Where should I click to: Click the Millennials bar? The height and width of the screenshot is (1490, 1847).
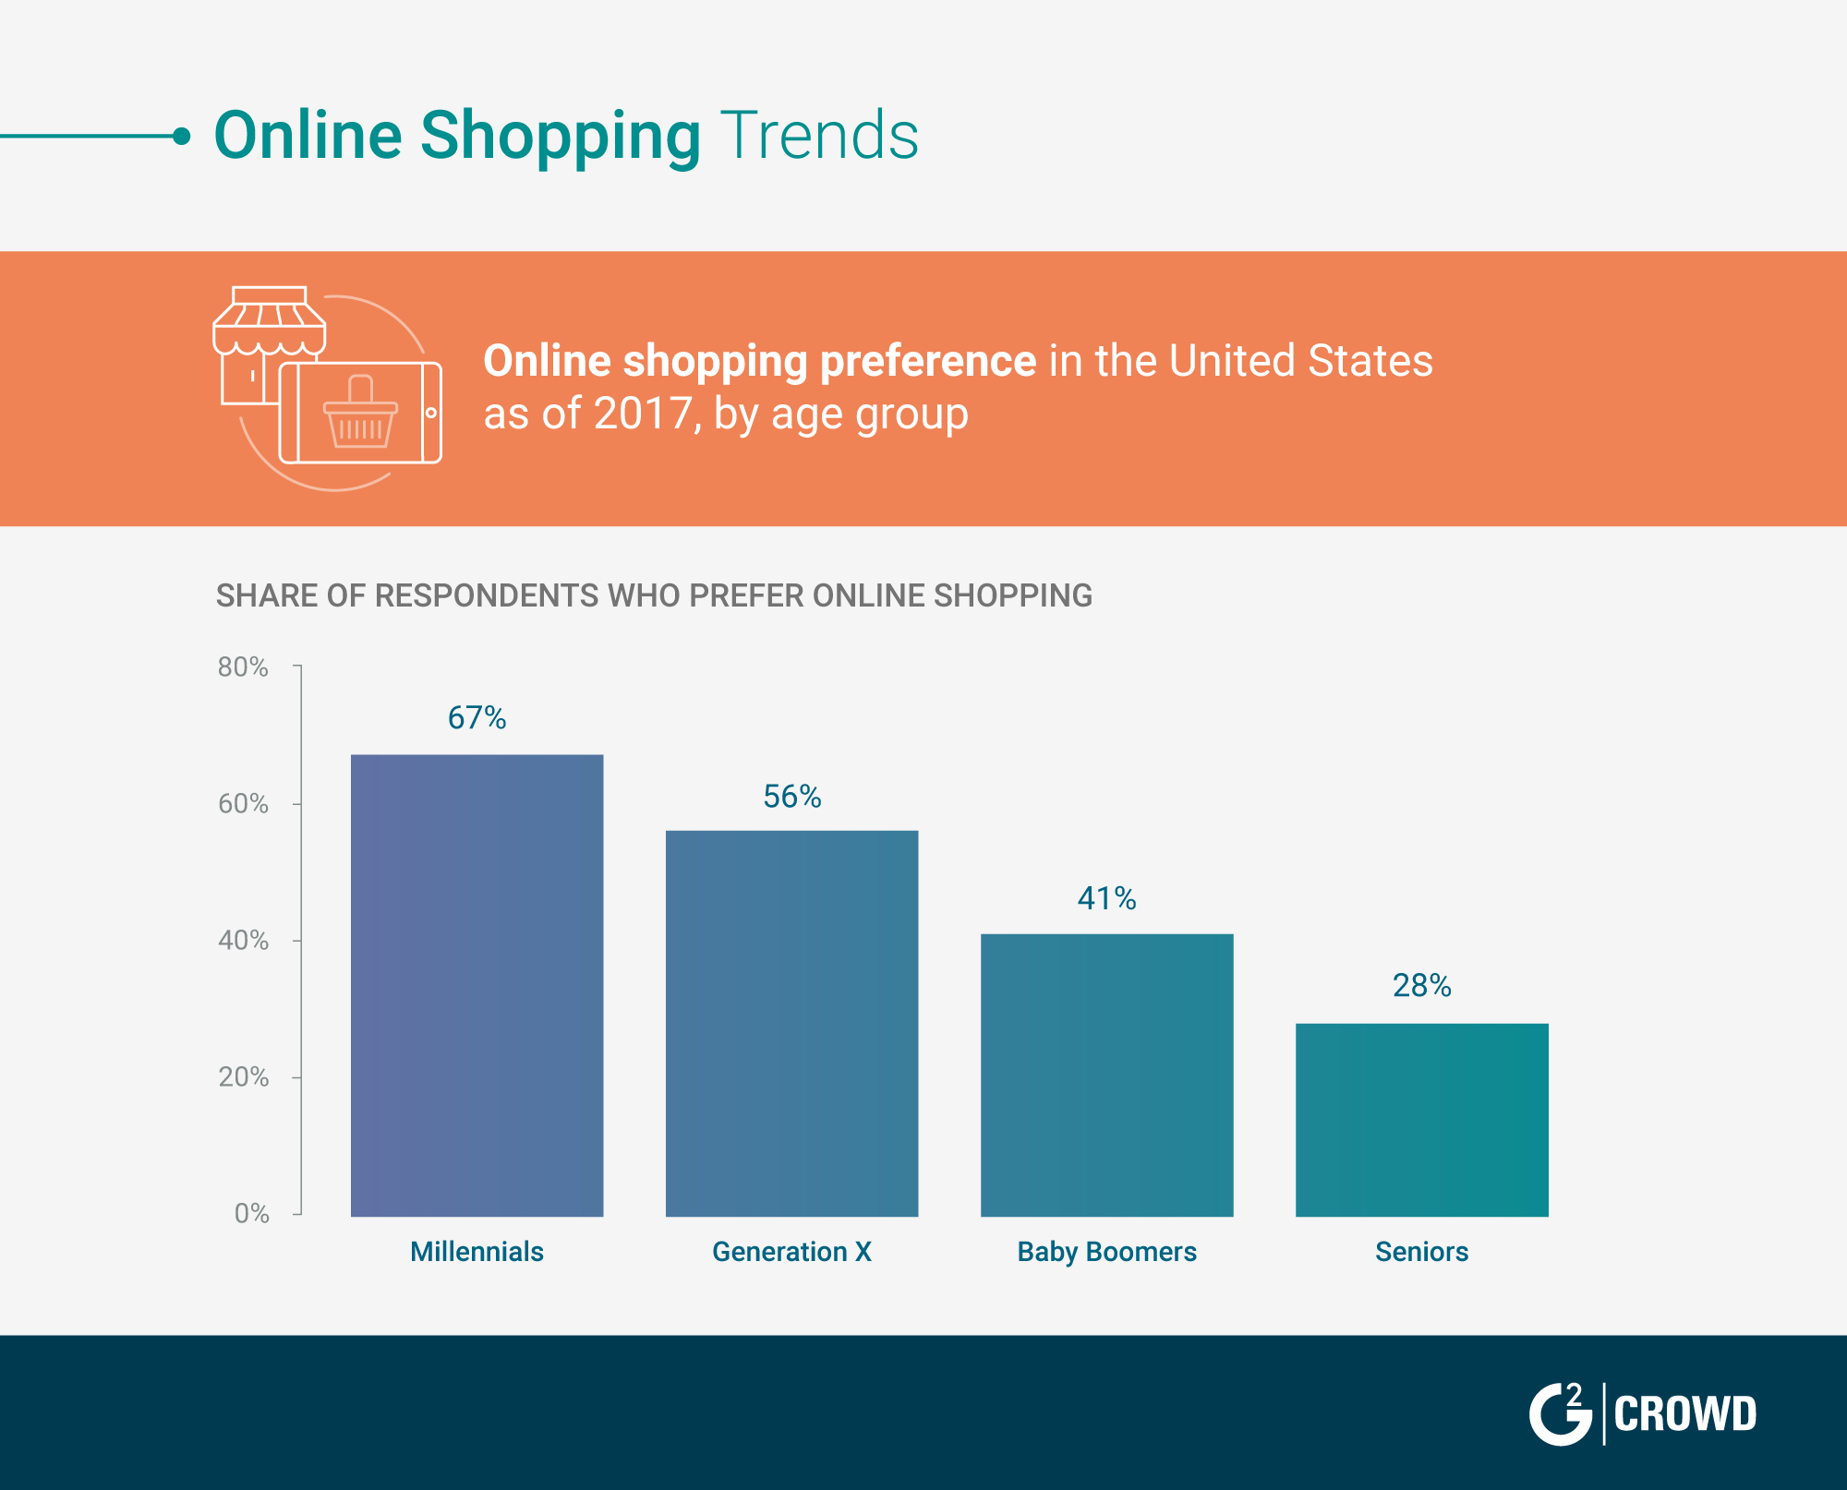tap(477, 985)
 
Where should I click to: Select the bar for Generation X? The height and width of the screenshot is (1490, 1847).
tap(791, 1023)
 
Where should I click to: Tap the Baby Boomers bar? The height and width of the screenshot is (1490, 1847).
tap(1106, 1075)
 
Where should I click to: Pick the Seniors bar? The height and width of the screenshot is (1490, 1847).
tap(1421, 1119)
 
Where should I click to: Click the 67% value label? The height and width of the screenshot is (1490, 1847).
tap(477, 717)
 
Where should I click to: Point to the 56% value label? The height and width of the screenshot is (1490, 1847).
tap(791, 796)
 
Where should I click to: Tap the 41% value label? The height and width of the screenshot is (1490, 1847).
tap(1106, 898)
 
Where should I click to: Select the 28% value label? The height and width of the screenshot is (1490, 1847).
tap(1421, 986)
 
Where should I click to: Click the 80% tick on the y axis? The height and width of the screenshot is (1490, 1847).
tap(243, 667)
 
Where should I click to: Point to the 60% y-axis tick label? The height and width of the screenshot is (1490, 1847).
tap(243, 803)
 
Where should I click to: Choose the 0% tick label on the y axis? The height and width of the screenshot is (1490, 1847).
tap(251, 1213)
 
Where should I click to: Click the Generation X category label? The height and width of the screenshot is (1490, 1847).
tap(791, 1252)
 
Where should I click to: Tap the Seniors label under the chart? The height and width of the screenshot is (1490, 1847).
tap(1421, 1252)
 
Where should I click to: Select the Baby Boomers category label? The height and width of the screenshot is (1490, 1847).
tap(1106, 1252)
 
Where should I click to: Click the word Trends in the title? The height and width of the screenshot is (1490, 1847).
tap(819, 136)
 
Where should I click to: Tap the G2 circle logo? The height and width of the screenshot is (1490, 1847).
tap(1561, 1413)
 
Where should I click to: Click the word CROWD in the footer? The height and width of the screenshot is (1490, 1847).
tap(1684, 1414)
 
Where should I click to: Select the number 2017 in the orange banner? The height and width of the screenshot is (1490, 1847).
tap(643, 414)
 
